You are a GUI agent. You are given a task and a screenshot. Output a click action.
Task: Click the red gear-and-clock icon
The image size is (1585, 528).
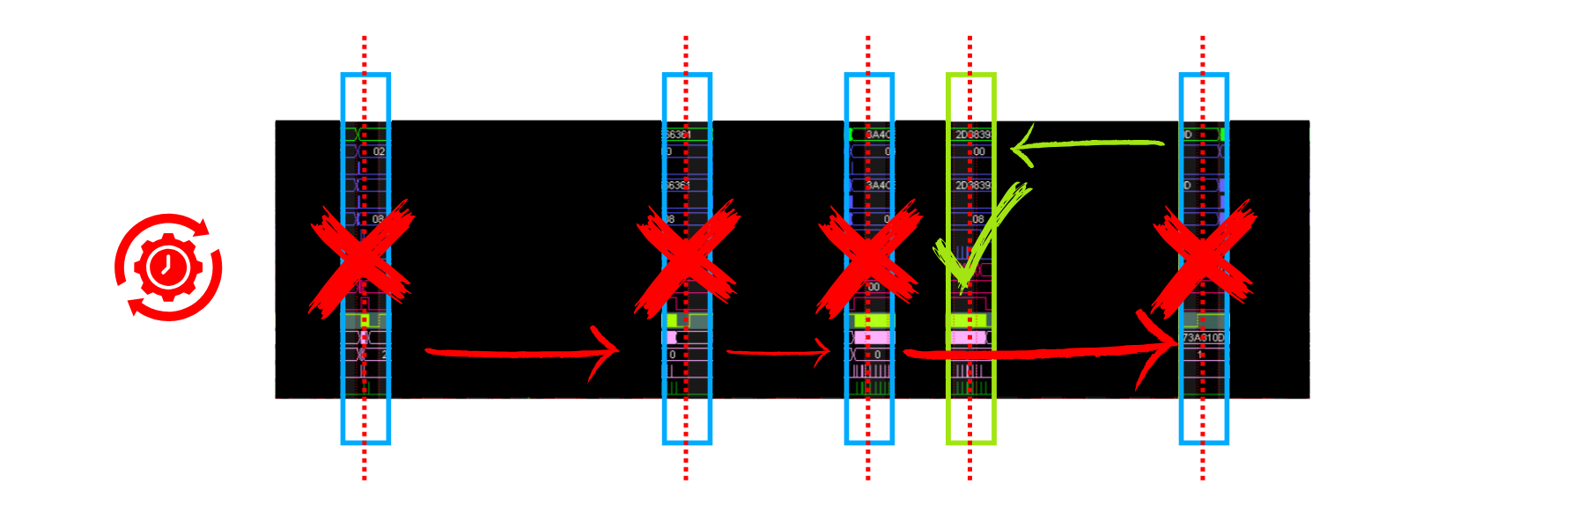click(x=168, y=267)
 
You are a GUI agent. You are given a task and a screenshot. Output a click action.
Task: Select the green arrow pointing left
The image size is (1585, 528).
click(x=1088, y=144)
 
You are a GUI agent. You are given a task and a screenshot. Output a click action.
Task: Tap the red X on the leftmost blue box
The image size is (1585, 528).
click(x=361, y=259)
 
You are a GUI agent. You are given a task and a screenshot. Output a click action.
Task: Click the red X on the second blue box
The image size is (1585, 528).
click(x=687, y=259)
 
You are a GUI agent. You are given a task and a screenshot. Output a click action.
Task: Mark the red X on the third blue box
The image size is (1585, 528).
click(x=869, y=259)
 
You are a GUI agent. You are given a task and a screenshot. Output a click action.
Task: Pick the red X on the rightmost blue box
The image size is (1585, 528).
click(x=1204, y=259)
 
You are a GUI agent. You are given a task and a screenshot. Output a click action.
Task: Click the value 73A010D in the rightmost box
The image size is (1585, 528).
click(x=1203, y=338)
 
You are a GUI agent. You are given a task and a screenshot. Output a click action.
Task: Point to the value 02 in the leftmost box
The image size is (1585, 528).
click(x=379, y=151)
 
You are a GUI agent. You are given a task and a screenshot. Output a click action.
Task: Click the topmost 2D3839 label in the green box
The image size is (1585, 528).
click(x=973, y=135)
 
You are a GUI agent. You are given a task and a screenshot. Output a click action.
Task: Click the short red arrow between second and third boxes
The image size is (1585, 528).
click(x=778, y=352)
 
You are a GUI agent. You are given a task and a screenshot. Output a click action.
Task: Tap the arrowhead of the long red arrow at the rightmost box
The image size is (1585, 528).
click(x=1162, y=345)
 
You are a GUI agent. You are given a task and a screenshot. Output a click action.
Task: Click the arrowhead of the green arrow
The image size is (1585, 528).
click(x=1021, y=146)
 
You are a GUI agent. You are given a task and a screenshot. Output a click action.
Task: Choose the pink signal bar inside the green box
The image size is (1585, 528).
click(x=969, y=338)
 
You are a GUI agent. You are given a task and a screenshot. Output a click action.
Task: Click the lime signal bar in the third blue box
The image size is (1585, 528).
click(x=872, y=320)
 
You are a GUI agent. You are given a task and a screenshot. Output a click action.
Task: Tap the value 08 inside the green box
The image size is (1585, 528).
click(x=978, y=219)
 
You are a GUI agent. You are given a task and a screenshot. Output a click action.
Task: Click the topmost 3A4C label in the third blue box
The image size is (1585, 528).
click(x=879, y=135)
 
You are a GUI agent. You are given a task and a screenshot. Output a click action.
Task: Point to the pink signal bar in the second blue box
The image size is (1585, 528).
click(x=672, y=337)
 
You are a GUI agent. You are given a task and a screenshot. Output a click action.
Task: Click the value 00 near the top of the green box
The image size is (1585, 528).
click(x=979, y=151)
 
